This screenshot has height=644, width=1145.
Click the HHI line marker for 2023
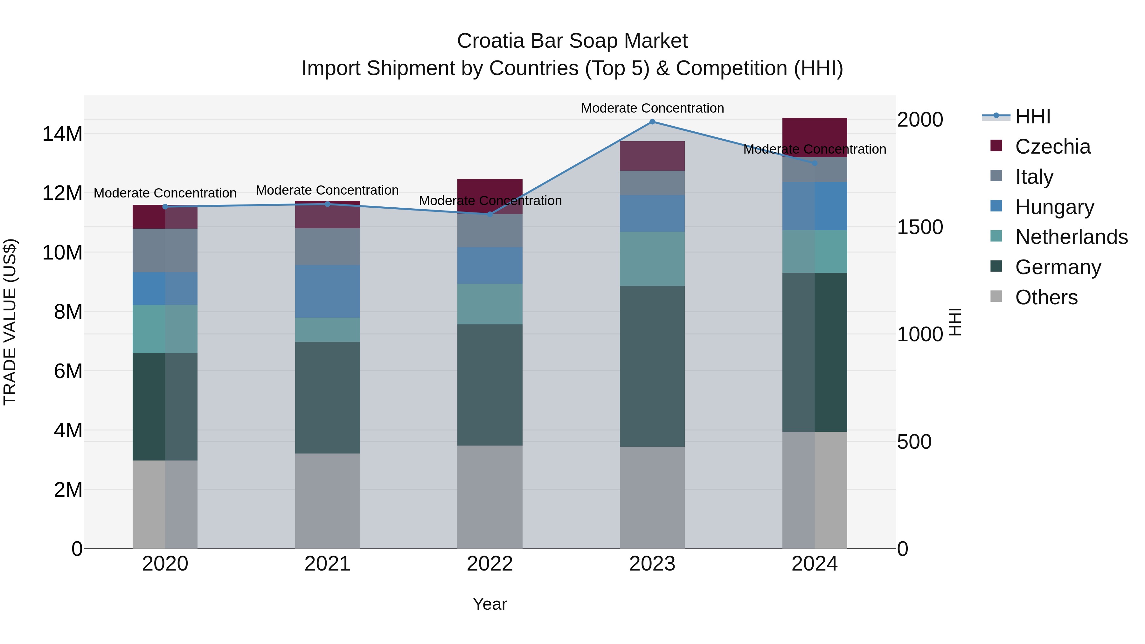pos(652,122)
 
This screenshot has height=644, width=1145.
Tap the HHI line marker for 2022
pos(490,214)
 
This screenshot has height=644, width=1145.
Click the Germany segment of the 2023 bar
pos(652,366)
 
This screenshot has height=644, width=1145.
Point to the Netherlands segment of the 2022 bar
pos(490,304)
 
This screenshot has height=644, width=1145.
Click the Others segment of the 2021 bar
pos(327,501)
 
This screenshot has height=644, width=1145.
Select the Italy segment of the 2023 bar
pos(652,183)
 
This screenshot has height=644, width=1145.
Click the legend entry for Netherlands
pos(1071,237)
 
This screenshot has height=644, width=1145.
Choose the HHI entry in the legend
pos(1032,116)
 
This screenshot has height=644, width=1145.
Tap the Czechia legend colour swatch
pos(996,146)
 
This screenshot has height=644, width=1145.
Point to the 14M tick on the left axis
pos(62,134)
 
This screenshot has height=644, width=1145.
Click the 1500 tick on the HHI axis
pos(919,227)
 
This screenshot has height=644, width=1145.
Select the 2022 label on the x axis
pos(490,564)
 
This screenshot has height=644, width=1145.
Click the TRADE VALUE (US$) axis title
pos(10,322)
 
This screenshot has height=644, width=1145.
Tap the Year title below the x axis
pos(490,604)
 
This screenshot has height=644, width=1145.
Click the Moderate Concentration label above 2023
pos(652,108)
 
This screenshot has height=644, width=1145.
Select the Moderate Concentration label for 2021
pos(327,190)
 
